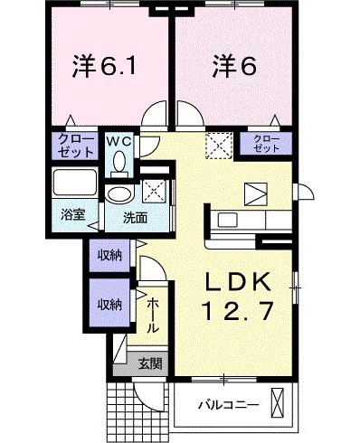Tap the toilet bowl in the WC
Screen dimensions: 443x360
[118, 163]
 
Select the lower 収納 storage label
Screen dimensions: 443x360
[110, 305]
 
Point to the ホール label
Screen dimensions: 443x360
[153, 315]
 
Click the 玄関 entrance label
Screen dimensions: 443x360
[150, 363]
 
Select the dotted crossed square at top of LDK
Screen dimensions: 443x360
[218, 146]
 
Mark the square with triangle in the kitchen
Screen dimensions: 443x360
[256, 193]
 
